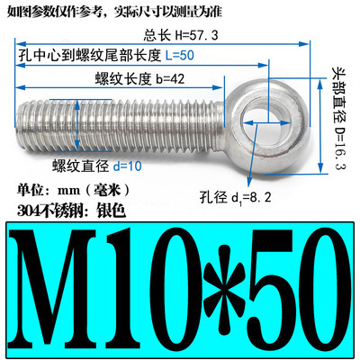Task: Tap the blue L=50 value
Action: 179,55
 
